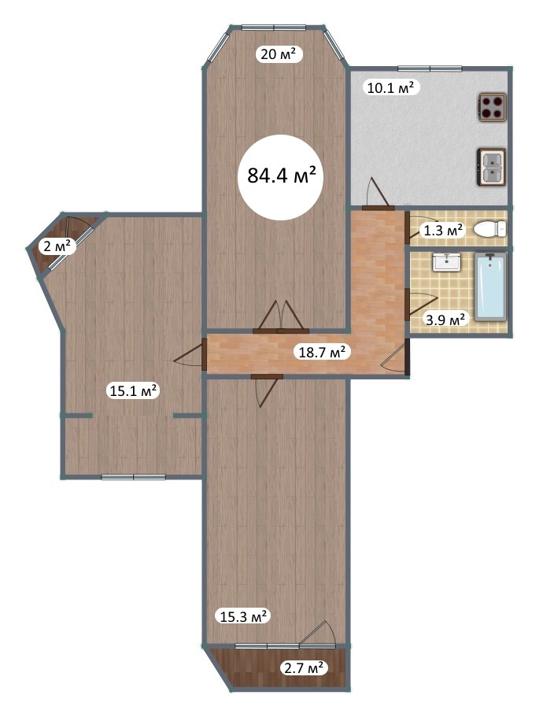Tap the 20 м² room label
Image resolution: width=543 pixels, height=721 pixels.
click(x=279, y=54)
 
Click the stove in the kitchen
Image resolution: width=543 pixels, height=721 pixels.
click(x=493, y=107)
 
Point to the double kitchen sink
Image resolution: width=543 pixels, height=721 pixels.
click(x=492, y=167)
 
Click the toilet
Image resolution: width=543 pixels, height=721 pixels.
click(x=489, y=228)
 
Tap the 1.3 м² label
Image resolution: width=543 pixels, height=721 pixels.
click(x=443, y=230)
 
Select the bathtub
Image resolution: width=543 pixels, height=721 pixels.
click(x=490, y=287)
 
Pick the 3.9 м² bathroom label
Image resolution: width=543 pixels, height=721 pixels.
click(x=445, y=319)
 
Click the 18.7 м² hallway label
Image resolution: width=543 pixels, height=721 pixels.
click(x=322, y=352)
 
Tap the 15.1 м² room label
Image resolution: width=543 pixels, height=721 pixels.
click(x=134, y=391)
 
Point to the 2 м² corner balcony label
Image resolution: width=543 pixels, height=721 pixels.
click(x=57, y=247)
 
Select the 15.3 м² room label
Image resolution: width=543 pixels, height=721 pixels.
click(x=243, y=616)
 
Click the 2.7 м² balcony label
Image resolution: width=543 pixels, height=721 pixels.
click(x=304, y=667)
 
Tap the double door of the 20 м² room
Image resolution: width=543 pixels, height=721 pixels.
click(x=280, y=316)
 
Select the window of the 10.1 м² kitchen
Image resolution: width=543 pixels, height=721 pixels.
click(x=430, y=69)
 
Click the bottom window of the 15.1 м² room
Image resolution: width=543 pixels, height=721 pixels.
click(x=133, y=477)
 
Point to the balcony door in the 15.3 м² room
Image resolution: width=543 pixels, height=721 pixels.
click(x=317, y=634)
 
